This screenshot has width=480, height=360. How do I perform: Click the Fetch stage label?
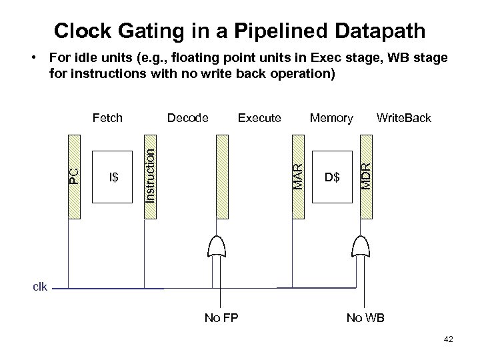pos(107,118)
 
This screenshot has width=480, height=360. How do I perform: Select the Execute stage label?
pos(259,118)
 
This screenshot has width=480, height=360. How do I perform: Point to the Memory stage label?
pos(331,118)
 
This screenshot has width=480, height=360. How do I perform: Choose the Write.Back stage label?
pos(404,118)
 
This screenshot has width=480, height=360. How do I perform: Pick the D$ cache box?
pos(331,178)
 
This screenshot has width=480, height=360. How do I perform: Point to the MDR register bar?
pos(365,176)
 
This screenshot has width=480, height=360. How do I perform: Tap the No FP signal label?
pos(220,318)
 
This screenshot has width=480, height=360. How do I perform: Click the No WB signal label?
pos(365,318)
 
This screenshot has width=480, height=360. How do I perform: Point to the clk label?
pos(41,287)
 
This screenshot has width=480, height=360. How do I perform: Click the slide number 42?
pos(447,340)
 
